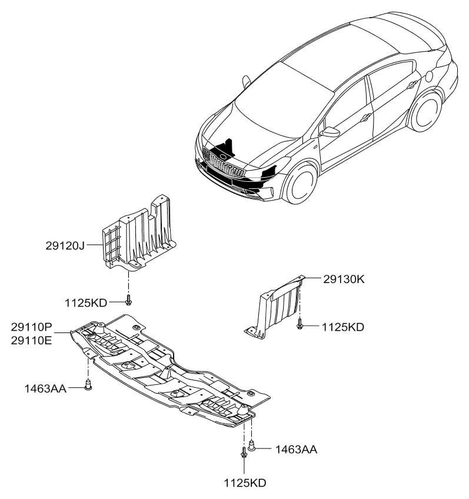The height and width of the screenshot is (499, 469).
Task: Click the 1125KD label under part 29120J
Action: (85, 302)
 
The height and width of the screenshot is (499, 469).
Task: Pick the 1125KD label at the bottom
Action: (244, 483)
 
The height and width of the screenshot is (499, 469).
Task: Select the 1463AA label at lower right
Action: (295, 450)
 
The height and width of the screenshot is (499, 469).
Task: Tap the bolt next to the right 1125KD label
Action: (301, 323)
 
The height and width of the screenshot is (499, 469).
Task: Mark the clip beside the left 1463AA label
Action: (88, 386)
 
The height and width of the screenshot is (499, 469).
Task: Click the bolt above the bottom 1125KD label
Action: (243, 455)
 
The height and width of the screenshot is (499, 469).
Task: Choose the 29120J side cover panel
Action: (138, 235)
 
